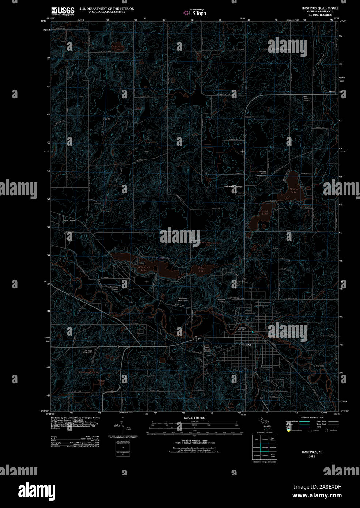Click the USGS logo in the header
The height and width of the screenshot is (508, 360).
[x=62, y=11]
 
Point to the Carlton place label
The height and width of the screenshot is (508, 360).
[x=331, y=92]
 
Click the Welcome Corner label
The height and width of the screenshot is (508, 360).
[x=233, y=187]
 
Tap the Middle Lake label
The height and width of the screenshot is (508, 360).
[x=293, y=191]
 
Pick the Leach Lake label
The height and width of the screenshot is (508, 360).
[x=265, y=212]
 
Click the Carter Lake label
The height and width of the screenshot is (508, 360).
[x=202, y=270]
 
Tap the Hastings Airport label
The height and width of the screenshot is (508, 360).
[x=114, y=288]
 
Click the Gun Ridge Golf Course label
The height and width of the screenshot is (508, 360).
[x=88, y=352]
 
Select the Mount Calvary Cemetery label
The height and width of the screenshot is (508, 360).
[x=207, y=349]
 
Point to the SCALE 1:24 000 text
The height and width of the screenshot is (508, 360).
[x=195, y=418]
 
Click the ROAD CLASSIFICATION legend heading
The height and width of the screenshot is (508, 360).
[x=311, y=417]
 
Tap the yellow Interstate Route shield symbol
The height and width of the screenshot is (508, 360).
[x=288, y=431]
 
